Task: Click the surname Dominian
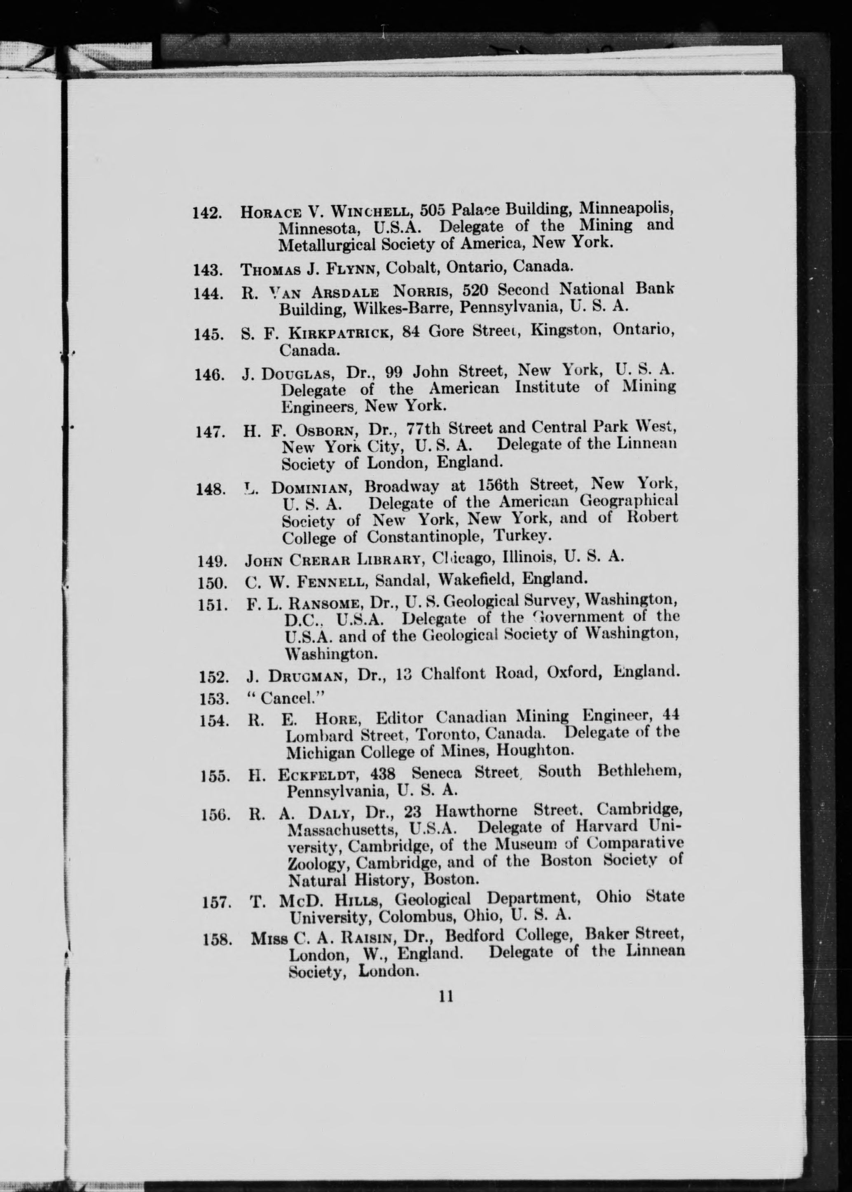pyautogui.click(x=311, y=488)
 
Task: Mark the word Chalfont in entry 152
pyautogui.click(x=445, y=673)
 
